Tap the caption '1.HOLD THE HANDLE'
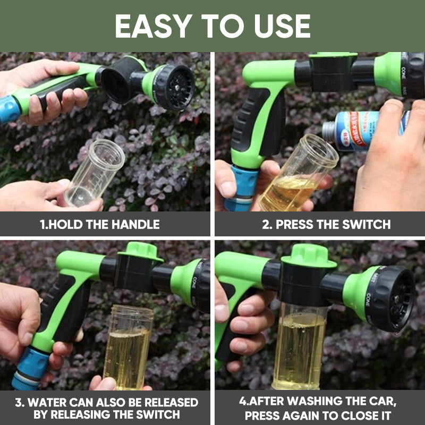tap(100, 224)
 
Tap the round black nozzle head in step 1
tap(173, 87)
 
